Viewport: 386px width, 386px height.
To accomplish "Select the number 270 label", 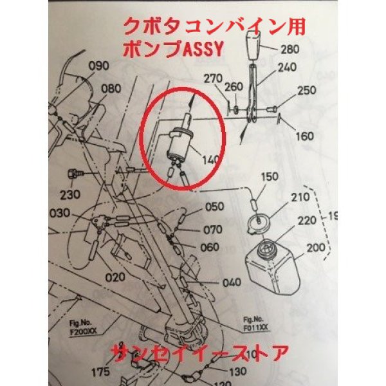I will (x=213, y=78).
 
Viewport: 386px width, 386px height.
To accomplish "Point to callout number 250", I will (x=308, y=91).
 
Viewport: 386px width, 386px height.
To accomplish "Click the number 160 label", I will (x=305, y=136).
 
